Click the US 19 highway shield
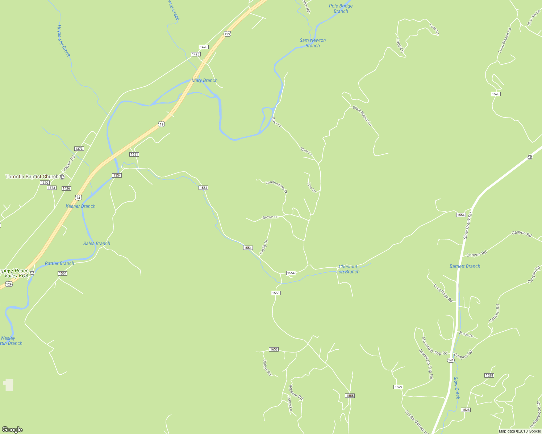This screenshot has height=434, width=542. [162, 124]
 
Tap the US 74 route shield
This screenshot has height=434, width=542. [79, 197]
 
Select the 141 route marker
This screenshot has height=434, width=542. [451, 360]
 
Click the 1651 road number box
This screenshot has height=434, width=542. [134, 154]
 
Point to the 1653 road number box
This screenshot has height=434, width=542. [274, 349]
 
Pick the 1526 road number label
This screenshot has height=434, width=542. [496, 94]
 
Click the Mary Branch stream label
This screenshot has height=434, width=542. [204, 80]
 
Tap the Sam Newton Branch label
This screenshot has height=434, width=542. [313, 43]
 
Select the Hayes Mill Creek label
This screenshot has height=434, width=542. [63, 41]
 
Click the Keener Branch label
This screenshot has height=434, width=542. [80, 206]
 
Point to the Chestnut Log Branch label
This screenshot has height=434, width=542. [348, 269]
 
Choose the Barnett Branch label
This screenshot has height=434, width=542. [465, 266]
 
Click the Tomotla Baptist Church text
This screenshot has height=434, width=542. [32, 176]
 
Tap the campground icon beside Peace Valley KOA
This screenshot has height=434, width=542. [32, 273]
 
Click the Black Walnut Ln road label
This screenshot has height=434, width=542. [362, 115]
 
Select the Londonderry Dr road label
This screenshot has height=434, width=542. [276, 186]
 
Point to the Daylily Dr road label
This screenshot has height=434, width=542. [264, 247]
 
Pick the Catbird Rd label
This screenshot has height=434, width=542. [267, 367]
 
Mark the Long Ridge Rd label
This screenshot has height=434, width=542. [443, 293]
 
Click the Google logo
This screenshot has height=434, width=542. [12, 430]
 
